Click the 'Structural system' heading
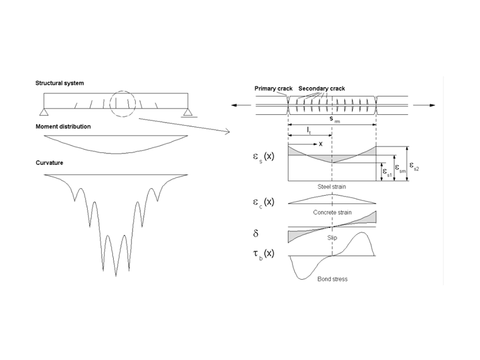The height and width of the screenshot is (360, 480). coord(60,83)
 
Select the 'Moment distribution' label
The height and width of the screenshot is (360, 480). coord(63,127)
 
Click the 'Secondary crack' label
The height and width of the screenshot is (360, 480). coord(322,88)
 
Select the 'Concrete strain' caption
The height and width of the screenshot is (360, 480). coord(332,212)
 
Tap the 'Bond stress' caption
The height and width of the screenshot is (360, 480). coord(332,278)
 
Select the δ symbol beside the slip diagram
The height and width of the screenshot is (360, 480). coord(256,233)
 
